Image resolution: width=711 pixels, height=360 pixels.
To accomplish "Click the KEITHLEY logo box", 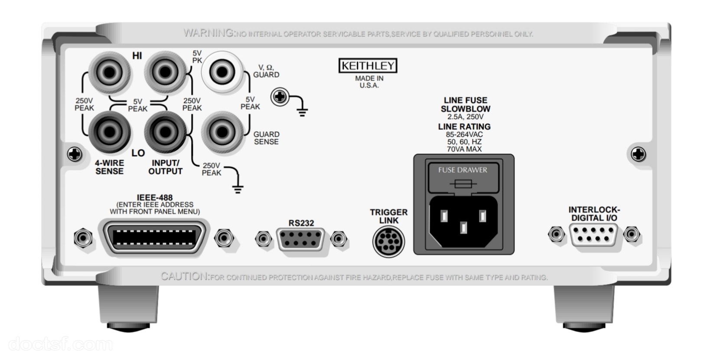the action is (368, 66).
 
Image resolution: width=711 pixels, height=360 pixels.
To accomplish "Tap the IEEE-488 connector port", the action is (154, 237).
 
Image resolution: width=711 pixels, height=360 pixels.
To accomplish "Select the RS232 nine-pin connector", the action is (300, 239).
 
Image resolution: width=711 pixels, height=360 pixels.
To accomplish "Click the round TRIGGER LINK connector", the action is (388, 242).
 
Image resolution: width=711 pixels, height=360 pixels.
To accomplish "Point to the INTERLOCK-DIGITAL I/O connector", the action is (594, 235).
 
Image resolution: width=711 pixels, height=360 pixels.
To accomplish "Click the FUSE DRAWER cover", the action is (463, 177).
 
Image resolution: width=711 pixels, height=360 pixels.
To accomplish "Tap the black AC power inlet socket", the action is (463, 222).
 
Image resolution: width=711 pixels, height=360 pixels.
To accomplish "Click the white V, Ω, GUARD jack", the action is (222, 72).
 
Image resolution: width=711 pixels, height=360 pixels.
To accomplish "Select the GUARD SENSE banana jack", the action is (222, 132).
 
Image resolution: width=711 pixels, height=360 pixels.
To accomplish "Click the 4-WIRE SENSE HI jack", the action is (109, 72).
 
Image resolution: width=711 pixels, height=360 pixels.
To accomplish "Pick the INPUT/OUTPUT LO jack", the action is (165, 132).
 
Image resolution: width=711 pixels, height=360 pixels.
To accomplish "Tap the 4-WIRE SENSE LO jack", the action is (109, 132).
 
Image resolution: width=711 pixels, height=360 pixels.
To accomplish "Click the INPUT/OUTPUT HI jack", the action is (165, 72).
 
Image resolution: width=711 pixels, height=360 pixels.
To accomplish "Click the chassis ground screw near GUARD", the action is (280, 97).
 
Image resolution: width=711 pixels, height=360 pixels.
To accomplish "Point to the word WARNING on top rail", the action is (209, 33).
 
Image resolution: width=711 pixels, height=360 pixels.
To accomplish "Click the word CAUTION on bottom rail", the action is (185, 277).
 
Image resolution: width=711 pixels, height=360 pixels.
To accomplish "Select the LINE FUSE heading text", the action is (465, 100).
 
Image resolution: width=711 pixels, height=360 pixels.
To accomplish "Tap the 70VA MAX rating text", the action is (464, 149).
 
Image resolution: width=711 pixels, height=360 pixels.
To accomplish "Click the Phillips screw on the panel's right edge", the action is (638, 154).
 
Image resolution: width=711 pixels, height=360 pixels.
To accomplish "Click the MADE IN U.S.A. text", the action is (369, 82).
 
